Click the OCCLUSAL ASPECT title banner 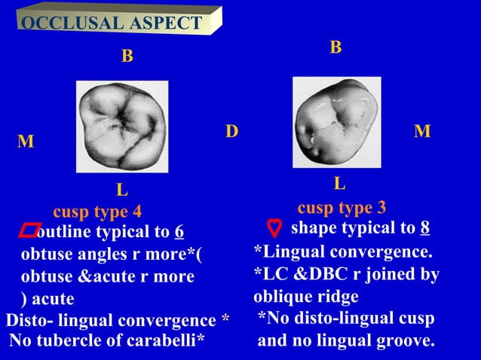point(112,23)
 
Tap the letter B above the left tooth point(127,56)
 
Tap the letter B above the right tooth point(335,48)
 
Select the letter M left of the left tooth point(26,142)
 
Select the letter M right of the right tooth point(422,132)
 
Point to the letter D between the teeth point(232,133)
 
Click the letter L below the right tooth point(339,184)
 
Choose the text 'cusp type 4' point(97,211)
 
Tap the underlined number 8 point(425,229)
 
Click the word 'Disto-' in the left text point(29,321)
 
